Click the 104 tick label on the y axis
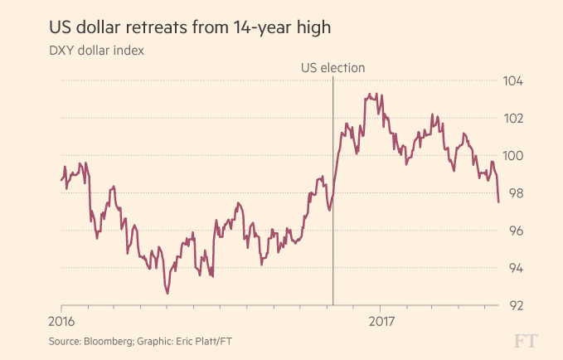tap(515, 81)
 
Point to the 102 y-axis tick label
tap(515, 119)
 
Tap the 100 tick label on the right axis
tap(515, 156)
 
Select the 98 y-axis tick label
tap(515, 193)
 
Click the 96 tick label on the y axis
tap(515, 231)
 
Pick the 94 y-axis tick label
tap(515, 268)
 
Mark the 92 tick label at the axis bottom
tap(515, 305)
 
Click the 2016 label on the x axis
tap(62, 321)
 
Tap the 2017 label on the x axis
tap(381, 321)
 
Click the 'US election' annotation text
tap(332, 68)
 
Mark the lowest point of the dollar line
tap(167, 293)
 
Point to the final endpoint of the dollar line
tap(498, 202)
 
